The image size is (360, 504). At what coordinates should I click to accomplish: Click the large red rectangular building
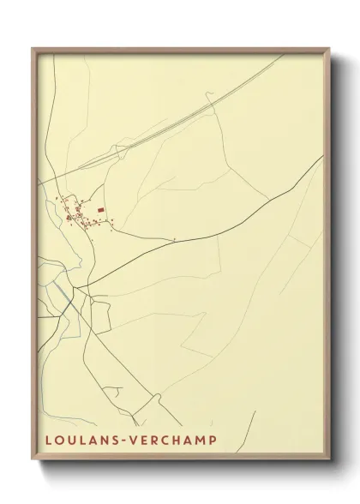[101, 208]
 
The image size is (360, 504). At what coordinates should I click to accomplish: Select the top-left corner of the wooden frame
[33, 48]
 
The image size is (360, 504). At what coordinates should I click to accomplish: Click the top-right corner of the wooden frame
[328, 48]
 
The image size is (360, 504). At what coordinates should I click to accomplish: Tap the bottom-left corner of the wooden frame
[33, 461]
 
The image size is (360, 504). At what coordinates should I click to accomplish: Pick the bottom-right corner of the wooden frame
[328, 461]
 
